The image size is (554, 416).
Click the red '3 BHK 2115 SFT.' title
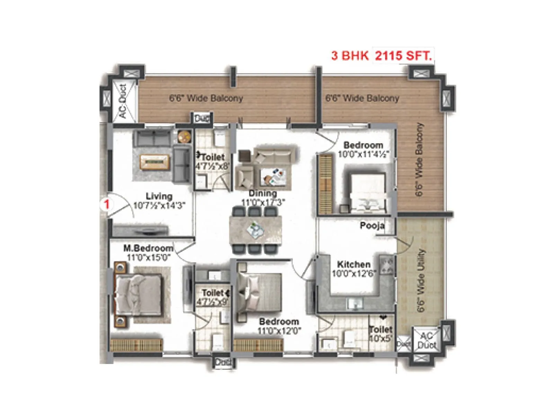point(382,55)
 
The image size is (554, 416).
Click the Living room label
point(159,196)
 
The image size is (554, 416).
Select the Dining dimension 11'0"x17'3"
point(262,202)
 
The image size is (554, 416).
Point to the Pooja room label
point(372,226)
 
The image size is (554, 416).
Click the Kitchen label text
point(354,265)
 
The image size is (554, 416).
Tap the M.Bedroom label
point(148,248)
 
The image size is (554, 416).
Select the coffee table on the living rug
point(155,162)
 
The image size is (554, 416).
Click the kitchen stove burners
point(387,265)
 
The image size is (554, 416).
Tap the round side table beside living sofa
point(185,137)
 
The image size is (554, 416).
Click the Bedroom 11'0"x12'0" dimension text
point(279,331)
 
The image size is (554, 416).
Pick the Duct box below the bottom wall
point(223,363)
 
